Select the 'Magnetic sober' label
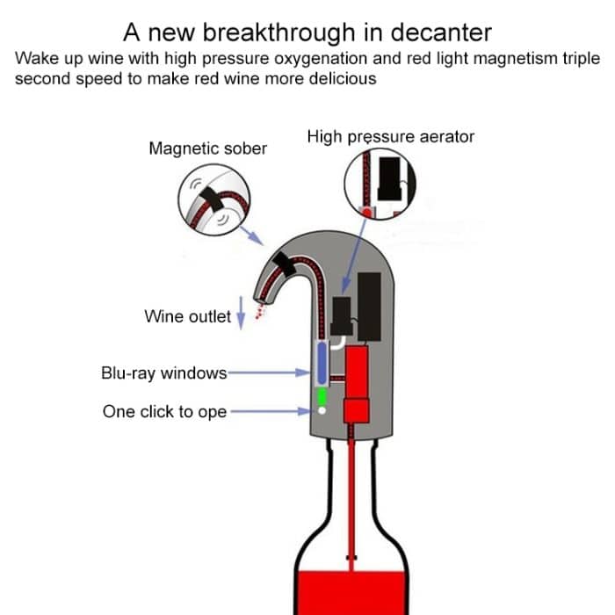pyautogui.click(x=207, y=148)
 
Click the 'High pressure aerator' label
pyautogui.click(x=391, y=137)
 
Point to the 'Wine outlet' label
pyautogui.click(x=187, y=316)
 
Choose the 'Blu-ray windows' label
pyautogui.click(x=164, y=373)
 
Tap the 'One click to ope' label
pyautogui.click(x=164, y=411)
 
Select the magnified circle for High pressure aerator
pyautogui.click(x=380, y=184)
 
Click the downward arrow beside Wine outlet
pyautogui.click(x=241, y=315)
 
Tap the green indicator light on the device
pyautogui.click(x=322, y=396)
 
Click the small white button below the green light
pyautogui.click(x=322, y=410)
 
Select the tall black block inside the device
pyautogui.click(x=370, y=305)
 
